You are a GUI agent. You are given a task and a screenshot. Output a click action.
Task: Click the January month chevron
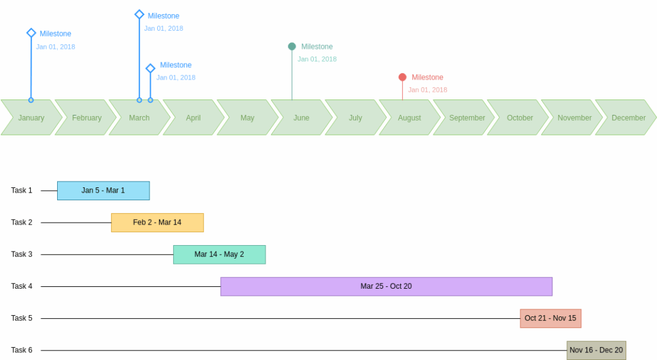pos(31,117)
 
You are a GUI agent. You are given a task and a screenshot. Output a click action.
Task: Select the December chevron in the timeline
pos(627,117)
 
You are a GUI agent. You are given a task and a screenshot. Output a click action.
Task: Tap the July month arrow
pos(355,117)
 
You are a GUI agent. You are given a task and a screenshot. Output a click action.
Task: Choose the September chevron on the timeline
pos(466,117)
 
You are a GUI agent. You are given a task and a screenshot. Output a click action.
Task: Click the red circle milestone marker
pos(402,77)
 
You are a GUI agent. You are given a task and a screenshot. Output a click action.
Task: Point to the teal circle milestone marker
pos(292,46)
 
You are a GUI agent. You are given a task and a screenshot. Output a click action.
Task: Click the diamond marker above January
pos(31,33)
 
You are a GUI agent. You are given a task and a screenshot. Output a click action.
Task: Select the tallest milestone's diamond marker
pos(139,14)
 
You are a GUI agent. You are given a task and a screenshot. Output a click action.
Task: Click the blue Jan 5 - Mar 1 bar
pos(103,191)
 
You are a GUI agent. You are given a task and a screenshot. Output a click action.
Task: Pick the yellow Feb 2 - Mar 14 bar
pos(157,223)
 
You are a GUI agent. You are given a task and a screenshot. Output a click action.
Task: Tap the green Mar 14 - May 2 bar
pos(219,255)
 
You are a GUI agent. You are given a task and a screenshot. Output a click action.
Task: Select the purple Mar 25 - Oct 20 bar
pos(386,286)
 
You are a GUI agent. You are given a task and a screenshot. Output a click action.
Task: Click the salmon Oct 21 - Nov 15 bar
pos(550,318)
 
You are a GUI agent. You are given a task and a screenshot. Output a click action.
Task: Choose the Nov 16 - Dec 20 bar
pos(596,350)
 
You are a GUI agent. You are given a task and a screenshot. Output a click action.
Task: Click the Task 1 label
pos(21,191)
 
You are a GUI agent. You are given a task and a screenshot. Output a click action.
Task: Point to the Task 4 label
pos(21,286)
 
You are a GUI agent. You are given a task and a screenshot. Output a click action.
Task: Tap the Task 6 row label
pos(21,350)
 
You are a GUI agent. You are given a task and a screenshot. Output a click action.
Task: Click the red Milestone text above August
pos(427,78)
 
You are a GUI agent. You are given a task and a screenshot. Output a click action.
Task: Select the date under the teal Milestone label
pos(317,59)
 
